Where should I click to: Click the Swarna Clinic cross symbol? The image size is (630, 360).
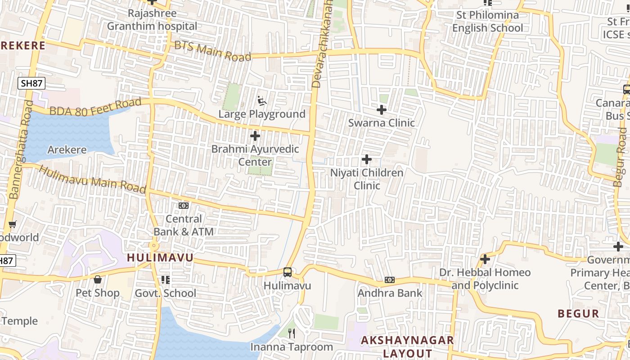[x=382, y=110]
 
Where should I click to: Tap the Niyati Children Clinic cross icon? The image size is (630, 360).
[x=367, y=159]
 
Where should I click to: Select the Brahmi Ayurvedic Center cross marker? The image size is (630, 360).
[x=255, y=136]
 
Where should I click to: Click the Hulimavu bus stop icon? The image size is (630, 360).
[x=288, y=272]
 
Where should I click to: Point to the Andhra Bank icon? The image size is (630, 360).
[x=390, y=280]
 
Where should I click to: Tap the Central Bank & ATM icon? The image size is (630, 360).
[x=184, y=206]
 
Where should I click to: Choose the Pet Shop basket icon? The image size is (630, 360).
[x=98, y=280]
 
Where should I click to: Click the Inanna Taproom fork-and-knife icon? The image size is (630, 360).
[x=292, y=333]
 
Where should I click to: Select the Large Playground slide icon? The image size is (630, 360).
[x=261, y=100]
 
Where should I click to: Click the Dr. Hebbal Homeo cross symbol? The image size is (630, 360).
[x=485, y=259]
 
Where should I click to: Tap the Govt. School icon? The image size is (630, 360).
[x=166, y=280]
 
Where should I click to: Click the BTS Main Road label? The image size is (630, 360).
[x=212, y=51]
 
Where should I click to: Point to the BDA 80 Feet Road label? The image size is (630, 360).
[x=95, y=107]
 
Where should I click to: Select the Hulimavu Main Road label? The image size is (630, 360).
[x=93, y=179]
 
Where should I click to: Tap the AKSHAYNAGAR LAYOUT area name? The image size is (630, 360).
[x=407, y=346]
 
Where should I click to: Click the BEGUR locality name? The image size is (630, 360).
[x=578, y=314]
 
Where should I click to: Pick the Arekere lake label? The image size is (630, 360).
[x=67, y=150]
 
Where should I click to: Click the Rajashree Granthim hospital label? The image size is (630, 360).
[x=152, y=20]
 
